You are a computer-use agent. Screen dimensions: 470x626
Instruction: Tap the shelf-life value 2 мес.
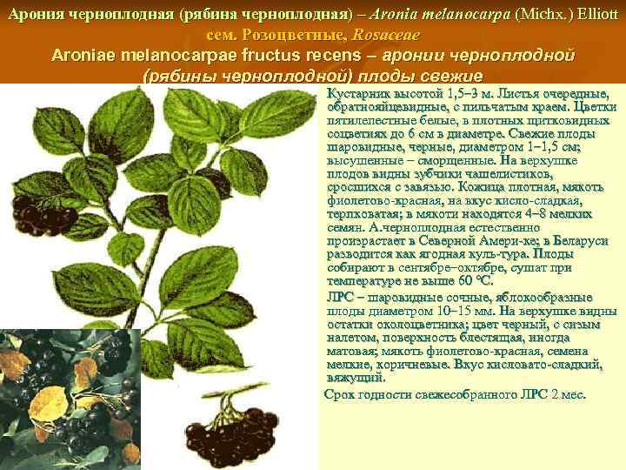pos(569,394)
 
